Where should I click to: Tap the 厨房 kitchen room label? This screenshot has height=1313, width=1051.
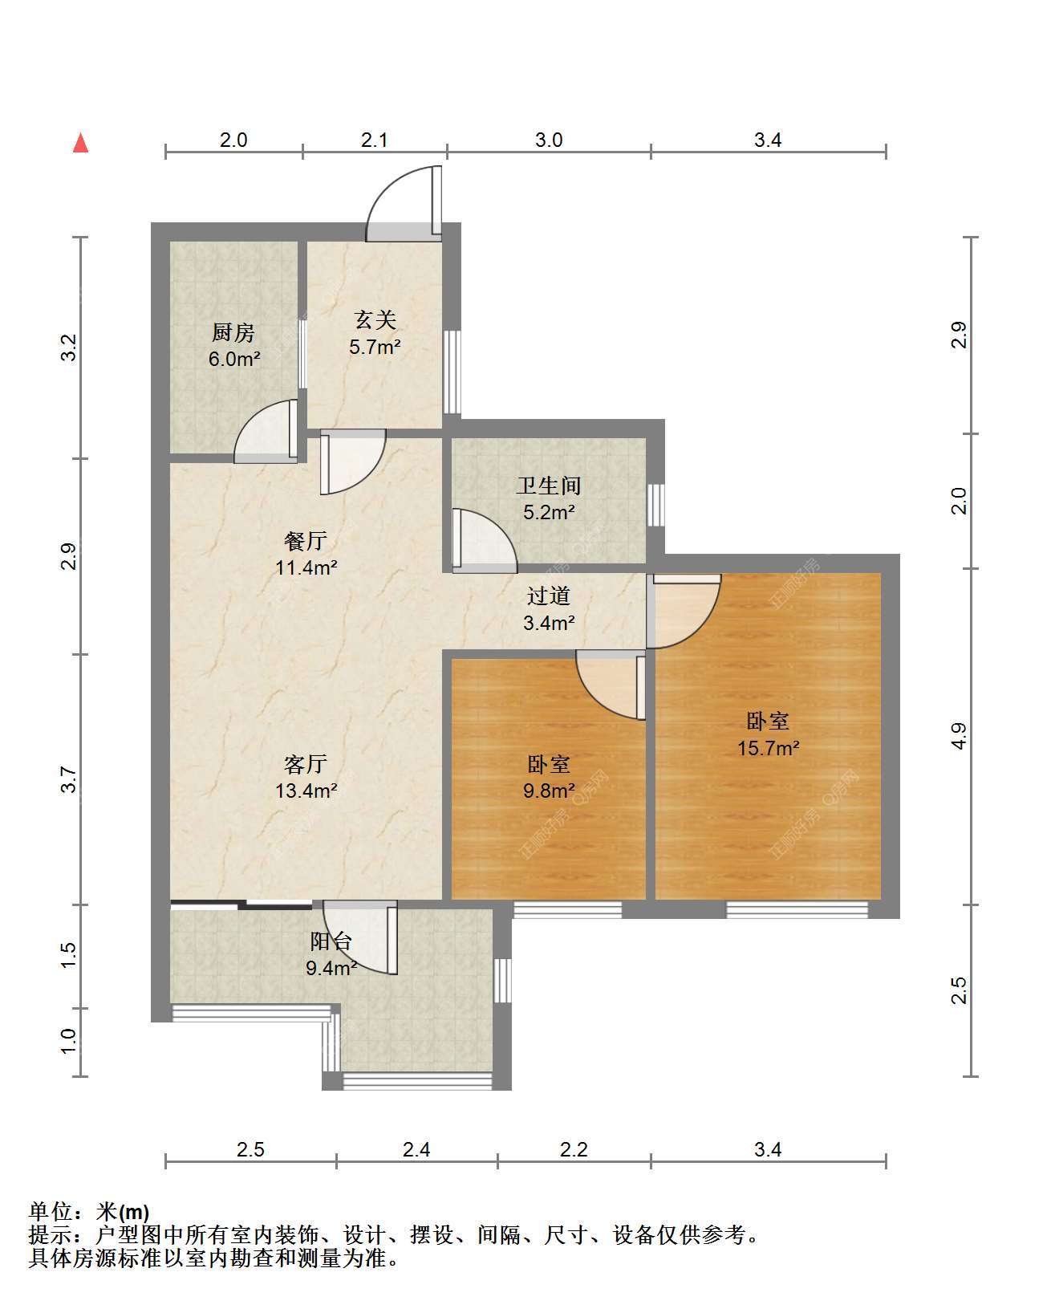(x=233, y=332)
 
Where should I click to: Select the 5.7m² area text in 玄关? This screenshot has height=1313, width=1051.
(x=375, y=348)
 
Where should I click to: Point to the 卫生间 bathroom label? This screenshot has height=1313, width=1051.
(x=549, y=486)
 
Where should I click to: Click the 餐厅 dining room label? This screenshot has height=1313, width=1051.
(x=306, y=541)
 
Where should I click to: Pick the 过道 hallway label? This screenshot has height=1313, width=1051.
(x=549, y=596)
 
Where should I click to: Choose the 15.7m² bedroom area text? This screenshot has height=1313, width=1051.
(x=768, y=748)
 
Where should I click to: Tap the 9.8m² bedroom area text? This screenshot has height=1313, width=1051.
(x=549, y=791)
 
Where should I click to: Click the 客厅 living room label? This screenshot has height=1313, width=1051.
(x=306, y=764)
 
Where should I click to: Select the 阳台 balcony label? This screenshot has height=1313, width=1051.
(x=331, y=941)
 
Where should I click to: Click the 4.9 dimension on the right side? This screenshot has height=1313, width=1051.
(x=959, y=736)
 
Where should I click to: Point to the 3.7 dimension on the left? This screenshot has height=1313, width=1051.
(x=69, y=779)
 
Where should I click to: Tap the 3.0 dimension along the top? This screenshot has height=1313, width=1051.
(x=549, y=140)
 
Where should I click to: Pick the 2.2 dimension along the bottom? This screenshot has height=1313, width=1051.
(x=574, y=1149)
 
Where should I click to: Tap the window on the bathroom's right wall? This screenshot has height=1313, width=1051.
(x=655, y=505)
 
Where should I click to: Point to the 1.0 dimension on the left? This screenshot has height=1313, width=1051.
(x=69, y=1041)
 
